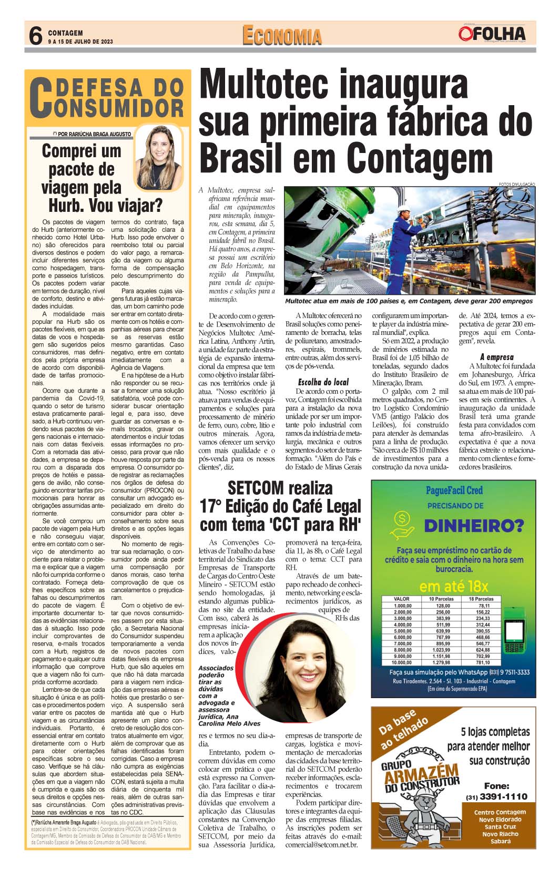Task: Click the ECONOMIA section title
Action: [x=282, y=36]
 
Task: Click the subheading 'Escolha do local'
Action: [x=323, y=382]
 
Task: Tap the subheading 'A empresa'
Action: [x=496, y=357]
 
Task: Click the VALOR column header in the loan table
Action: [x=402, y=599]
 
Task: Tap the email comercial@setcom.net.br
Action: [x=321, y=845]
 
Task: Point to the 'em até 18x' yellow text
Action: [x=453, y=586]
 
